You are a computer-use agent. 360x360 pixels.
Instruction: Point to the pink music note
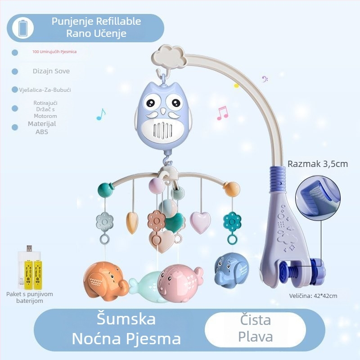(x=222, y=113)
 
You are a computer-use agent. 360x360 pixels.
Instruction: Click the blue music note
(x=101, y=115)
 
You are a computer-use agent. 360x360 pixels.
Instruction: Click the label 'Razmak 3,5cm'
(x=317, y=163)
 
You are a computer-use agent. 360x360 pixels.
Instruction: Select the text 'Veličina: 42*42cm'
(x=313, y=296)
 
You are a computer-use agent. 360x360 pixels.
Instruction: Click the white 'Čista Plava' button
(x=255, y=328)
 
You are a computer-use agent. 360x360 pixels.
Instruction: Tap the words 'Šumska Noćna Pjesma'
(x=126, y=328)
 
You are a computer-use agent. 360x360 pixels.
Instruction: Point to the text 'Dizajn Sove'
(x=51, y=71)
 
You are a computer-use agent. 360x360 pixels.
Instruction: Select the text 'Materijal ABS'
(x=42, y=128)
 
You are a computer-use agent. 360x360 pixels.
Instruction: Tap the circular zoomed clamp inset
(x=315, y=195)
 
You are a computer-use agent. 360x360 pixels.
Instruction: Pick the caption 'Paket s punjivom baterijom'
(x=30, y=297)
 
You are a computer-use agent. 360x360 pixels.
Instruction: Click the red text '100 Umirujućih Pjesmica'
(x=54, y=52)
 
